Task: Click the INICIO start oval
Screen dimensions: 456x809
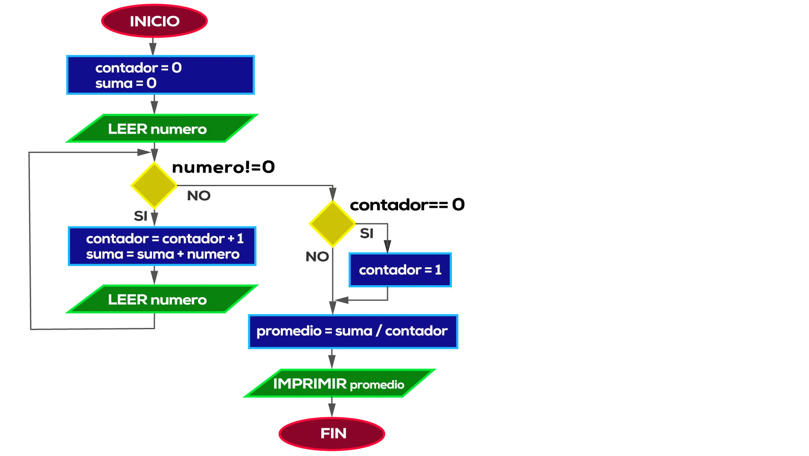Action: (154, 21)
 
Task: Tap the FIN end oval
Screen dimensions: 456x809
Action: (332, 433)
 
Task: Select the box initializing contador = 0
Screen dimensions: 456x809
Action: (160, 75)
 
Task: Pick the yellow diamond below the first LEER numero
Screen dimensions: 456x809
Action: (154, 185)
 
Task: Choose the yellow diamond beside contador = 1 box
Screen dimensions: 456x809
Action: (332, 223)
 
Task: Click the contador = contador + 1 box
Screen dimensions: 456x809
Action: (162, 246)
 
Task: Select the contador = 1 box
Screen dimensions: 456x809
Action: (400, 270)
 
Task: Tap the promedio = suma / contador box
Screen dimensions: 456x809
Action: (353, 331)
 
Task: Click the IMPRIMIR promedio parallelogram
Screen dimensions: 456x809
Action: (339, 383)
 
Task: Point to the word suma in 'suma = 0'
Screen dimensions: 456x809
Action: (114, 83)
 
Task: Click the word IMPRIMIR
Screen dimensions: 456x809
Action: (310, 383)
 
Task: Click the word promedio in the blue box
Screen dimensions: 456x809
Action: (289, 331)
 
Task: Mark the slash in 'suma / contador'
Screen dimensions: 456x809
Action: (378, 331)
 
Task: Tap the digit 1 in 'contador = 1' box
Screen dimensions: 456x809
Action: (438, 270)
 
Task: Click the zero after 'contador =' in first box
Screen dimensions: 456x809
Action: (177, 67)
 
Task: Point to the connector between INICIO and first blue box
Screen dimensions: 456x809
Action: (152, 47)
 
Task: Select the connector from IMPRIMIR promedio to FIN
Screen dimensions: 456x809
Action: (332, 407)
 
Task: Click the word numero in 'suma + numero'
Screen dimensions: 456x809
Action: (213, 254)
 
